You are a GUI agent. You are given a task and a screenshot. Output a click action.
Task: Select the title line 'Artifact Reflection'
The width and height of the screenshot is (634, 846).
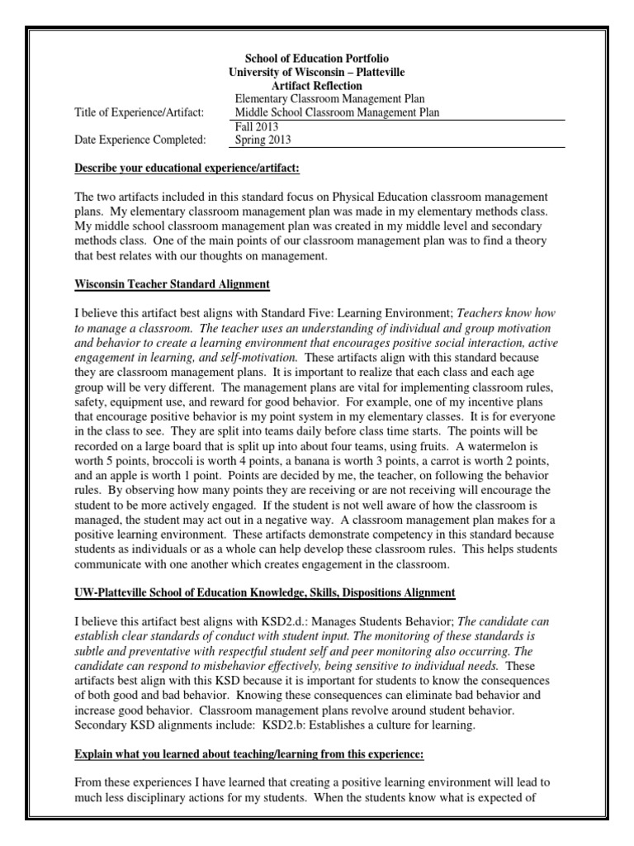point(316,86)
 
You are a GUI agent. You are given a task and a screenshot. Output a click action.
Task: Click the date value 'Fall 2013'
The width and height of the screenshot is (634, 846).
point(257,126)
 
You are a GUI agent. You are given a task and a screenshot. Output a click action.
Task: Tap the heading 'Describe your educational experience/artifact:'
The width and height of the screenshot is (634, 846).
point(187,169)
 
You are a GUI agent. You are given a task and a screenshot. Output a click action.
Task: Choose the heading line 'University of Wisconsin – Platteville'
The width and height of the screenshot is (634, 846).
point(316,73)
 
